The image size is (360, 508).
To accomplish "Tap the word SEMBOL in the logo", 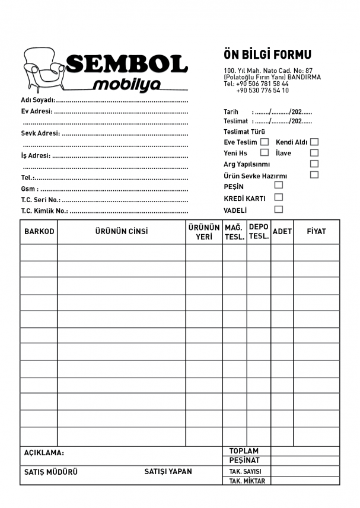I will point(127,63).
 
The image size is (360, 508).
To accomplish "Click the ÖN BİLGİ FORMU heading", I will point(267,55).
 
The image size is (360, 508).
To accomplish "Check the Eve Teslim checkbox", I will point(265,142).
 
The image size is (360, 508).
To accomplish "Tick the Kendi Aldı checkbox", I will point(314,142).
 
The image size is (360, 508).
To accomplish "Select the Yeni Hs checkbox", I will point(265,152).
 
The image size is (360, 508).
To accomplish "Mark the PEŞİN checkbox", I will point(279,185).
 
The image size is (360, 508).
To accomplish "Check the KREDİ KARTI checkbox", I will point(279,197).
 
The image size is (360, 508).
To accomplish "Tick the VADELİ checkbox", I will point(279,209).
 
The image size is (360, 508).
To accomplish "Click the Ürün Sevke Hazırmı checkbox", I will point(314,174).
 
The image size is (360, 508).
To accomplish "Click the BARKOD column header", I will point(39,232).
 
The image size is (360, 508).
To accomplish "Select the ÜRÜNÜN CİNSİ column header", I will point(122,232).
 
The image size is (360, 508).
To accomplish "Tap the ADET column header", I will point(282,232).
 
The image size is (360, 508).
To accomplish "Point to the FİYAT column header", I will point(316,232).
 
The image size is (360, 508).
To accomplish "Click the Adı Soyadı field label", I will point(38,100).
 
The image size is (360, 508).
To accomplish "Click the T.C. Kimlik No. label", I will point(44,210).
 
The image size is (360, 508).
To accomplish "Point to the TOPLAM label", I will point(244,451).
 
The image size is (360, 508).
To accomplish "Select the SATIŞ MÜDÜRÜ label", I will point(50,472).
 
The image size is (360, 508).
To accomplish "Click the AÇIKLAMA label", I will point(44,453).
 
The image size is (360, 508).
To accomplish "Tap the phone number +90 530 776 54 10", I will point(263,91).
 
